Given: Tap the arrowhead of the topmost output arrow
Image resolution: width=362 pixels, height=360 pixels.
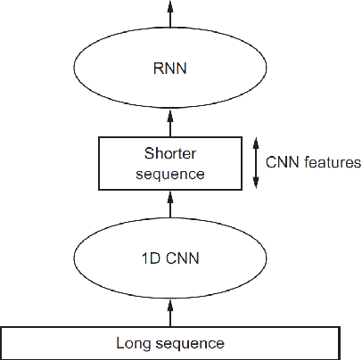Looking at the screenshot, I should (170, 5).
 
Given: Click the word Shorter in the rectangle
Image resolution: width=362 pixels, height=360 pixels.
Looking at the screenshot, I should (169, 153).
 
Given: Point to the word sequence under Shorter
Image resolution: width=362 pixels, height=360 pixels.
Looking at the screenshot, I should (169, 173).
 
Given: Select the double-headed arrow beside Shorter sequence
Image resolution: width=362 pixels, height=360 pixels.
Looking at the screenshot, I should (256, 162).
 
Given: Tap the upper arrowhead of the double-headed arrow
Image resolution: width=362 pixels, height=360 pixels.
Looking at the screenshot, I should (256, 142).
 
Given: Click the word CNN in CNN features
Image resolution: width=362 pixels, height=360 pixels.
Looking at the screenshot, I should (283, 163).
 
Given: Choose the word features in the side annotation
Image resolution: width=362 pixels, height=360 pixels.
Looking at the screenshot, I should (330, 163).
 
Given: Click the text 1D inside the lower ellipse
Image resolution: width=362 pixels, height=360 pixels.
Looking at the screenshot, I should (153, 260).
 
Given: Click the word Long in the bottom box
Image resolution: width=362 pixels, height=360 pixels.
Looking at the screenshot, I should (131, 342).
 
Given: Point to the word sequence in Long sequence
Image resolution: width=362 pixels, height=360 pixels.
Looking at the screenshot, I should (185, 342).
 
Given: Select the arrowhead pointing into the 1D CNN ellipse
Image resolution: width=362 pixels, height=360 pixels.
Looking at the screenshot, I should (170, 304).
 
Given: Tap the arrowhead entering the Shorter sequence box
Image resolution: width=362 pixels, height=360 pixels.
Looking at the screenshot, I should (170, 195).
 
